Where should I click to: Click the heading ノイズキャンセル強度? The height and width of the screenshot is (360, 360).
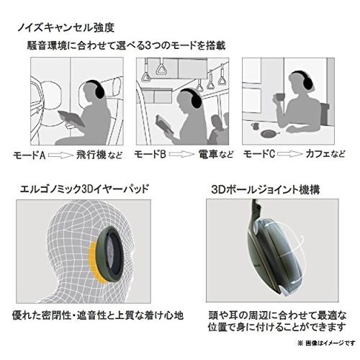tap(69, 29)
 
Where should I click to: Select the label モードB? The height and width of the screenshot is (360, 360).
tap(151, 154)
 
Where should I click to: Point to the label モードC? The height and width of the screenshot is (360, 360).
tap(259, 154)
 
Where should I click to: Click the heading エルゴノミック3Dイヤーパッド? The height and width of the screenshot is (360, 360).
tap(81, 190)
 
